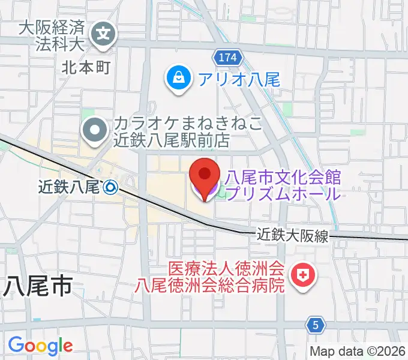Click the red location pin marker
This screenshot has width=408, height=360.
(x=204, y=177)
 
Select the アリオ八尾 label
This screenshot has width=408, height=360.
(x=239, y=78)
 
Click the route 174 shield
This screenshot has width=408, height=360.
(x=227, y=58)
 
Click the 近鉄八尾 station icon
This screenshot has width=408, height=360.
(x=110, y=188)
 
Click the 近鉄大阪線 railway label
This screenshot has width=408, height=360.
(x=294, y=235)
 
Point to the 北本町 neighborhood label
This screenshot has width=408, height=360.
(x=86, y=67)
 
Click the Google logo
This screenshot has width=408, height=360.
(x=40, y=346)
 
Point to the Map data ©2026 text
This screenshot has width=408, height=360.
(x=358, y=351)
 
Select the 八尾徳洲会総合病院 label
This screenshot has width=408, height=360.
(x=209, y=284)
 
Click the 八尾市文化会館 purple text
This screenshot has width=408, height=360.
(x=282, y=178)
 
